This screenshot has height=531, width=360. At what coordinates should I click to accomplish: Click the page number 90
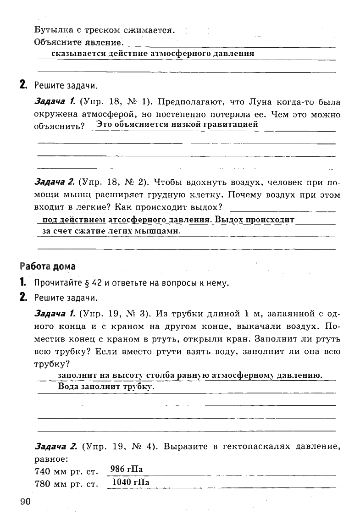tap(25, 501)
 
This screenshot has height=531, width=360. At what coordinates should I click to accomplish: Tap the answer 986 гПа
tap(127, 469)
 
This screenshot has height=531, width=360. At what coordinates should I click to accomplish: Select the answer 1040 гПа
tap(131, 482)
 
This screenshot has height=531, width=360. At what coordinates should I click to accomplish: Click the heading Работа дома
tap(47, 266)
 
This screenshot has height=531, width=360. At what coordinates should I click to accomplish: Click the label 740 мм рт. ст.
tap(67, 471)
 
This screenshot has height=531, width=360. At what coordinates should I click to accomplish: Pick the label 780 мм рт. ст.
tap(67, 484)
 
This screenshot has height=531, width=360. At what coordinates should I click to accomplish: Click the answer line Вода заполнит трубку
tap(106, 387)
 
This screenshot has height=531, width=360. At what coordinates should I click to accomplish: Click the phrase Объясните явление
tap(78, 42)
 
